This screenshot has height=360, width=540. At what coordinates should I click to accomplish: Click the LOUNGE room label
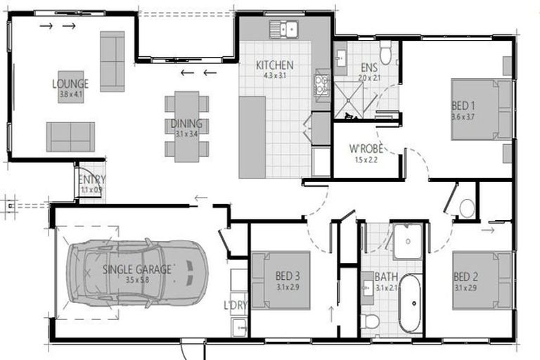pos(70,84)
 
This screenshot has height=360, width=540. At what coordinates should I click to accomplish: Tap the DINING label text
pos(186,124)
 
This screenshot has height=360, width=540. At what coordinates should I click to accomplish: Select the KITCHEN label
pos(274,65)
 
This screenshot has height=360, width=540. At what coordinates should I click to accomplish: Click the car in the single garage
pos(137,271)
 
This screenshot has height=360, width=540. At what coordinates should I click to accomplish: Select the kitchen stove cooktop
pos(322,84)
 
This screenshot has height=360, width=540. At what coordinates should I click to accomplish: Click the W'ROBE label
pos(365,149)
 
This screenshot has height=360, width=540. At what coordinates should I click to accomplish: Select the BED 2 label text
pos(465,276)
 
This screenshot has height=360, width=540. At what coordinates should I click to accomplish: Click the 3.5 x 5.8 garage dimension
pos(137,279)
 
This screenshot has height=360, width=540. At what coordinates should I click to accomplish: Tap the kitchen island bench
pos(252,137)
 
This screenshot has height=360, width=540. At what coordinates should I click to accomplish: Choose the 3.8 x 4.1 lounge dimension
pos(70,94)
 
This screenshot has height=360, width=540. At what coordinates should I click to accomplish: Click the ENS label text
pos(370,67)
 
